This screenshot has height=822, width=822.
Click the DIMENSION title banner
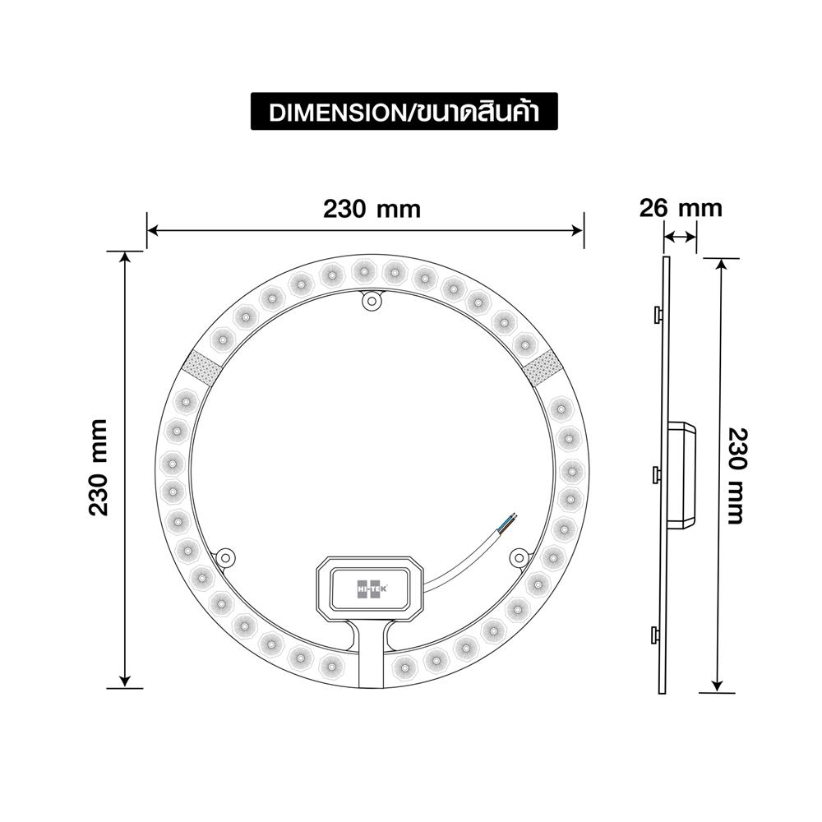pyautogui.click(x=404, y=112)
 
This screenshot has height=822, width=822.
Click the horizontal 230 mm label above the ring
pyautogui.click(x=372, y=209)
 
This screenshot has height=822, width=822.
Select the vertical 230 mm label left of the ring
pyautogui.click(x=99, y=467)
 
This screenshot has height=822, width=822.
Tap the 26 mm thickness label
pyautogui.click(x=681, y=208)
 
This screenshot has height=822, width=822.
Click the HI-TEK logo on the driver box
pyautogui.click(x=370, y=589)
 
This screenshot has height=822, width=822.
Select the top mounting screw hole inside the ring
pyautogui.click(x=372, y=302)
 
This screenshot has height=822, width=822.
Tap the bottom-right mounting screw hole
pyautogui.click(x=518, y=557)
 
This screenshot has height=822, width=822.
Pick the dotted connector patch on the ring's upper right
pyautogui.click(x=542, y=367)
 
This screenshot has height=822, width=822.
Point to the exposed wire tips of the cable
pyautogui.click(x=511, y=518)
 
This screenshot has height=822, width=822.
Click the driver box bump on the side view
pyautogui.click(x=683, y=474)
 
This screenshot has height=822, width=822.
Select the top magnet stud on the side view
pyautogui.click(x=657, y=314)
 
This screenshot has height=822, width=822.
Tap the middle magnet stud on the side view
pyautogui.click(x=657, y=474)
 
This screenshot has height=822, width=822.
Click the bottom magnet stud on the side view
pyautogui.click(x=657, y=634)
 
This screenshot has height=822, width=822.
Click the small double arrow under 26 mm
pyautogui.click(x=680, y=238)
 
